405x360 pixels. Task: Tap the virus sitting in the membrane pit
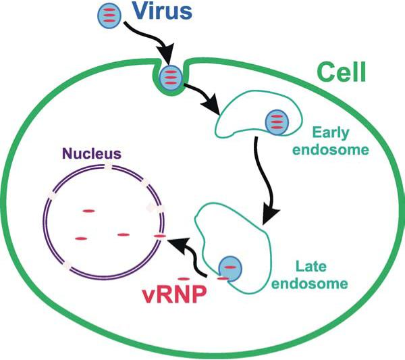[171, 78]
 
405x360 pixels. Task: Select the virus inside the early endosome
[275, 122]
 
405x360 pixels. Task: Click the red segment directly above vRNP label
[183, 278]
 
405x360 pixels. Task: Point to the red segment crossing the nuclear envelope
[160, 235]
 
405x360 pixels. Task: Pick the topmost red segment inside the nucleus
[88, 211]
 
